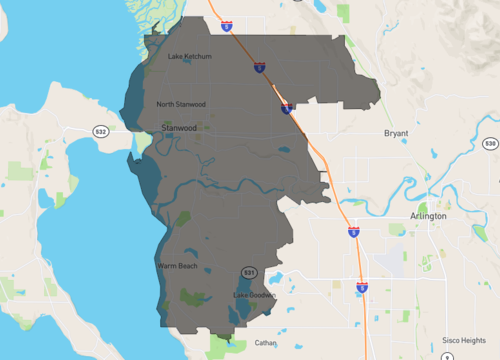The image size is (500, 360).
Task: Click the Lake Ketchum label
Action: click(x=190, y=57)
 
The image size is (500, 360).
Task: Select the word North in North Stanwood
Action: click(x=167, y=104)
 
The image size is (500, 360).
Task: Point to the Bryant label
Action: click(x=397, y=133)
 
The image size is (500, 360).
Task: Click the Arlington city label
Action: click(x=428, y=216)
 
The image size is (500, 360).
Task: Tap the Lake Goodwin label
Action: click(x=254, y=295)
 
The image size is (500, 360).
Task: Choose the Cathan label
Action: click(x=265, y=343)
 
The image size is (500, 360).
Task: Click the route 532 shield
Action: click(x=100, y=131)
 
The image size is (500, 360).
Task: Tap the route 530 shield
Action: click(x=490, y=144)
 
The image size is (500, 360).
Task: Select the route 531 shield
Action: click(x=249, y=272)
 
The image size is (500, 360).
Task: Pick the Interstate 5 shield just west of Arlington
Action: click(x=354, y=231)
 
